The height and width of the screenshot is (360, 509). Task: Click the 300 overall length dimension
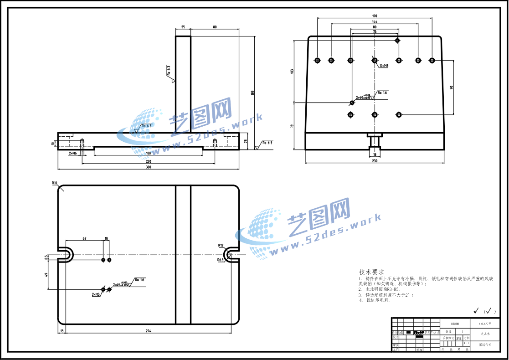pyautogui.click(x=149, y=167)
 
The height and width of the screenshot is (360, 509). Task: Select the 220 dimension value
pyautogui.click(x=149, y=161)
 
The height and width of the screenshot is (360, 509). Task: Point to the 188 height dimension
pyautogui.click(x=252, y=93)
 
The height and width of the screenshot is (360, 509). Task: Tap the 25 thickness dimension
pyautogui.click(x=183, y=27)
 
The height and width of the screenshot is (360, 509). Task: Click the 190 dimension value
pyautogui.click(x=375, y=16)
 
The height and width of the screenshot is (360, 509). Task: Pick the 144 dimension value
pyautogui.click(x=375, y=22)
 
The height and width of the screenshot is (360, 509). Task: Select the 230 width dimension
pyautogui.click(x=375, y=160)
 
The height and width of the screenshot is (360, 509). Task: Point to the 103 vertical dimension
pyautogui.click(x=292, y=71)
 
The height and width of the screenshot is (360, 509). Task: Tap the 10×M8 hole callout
pyautogui.click(x=384, y=66)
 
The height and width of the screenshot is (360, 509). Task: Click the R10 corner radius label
pyautogui.click(x=55, y=183)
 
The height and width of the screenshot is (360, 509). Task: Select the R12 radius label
pyautogui.click(x=221, y=245)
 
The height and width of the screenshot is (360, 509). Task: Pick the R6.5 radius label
pyautogui.click(x=221, y=260)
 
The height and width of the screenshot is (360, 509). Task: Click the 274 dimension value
pyautogui.click(x=149, y=330)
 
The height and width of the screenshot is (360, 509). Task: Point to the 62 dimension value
pyautogui.click(x=84, y=238)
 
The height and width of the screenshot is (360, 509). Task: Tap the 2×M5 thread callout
pyautogui.click(x=96, y=295)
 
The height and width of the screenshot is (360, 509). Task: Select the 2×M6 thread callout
pyautogui.click(x=73, y=154)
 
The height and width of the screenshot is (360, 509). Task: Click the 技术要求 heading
pyautogui.click(x=368, y=271)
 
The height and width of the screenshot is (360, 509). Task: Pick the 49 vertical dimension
pyautogui.click(x=46, y=275)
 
